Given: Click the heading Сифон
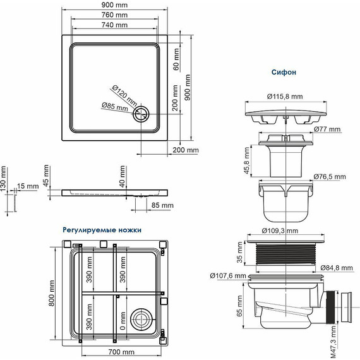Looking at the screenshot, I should [x=284, y=73].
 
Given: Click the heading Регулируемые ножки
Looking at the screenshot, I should [x=102, y=230].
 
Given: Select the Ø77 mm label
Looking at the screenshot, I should [x=328, y=129].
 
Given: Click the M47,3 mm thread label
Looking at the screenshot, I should [x=334, y=341].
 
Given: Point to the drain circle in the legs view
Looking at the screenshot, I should [x=143, y=318].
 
